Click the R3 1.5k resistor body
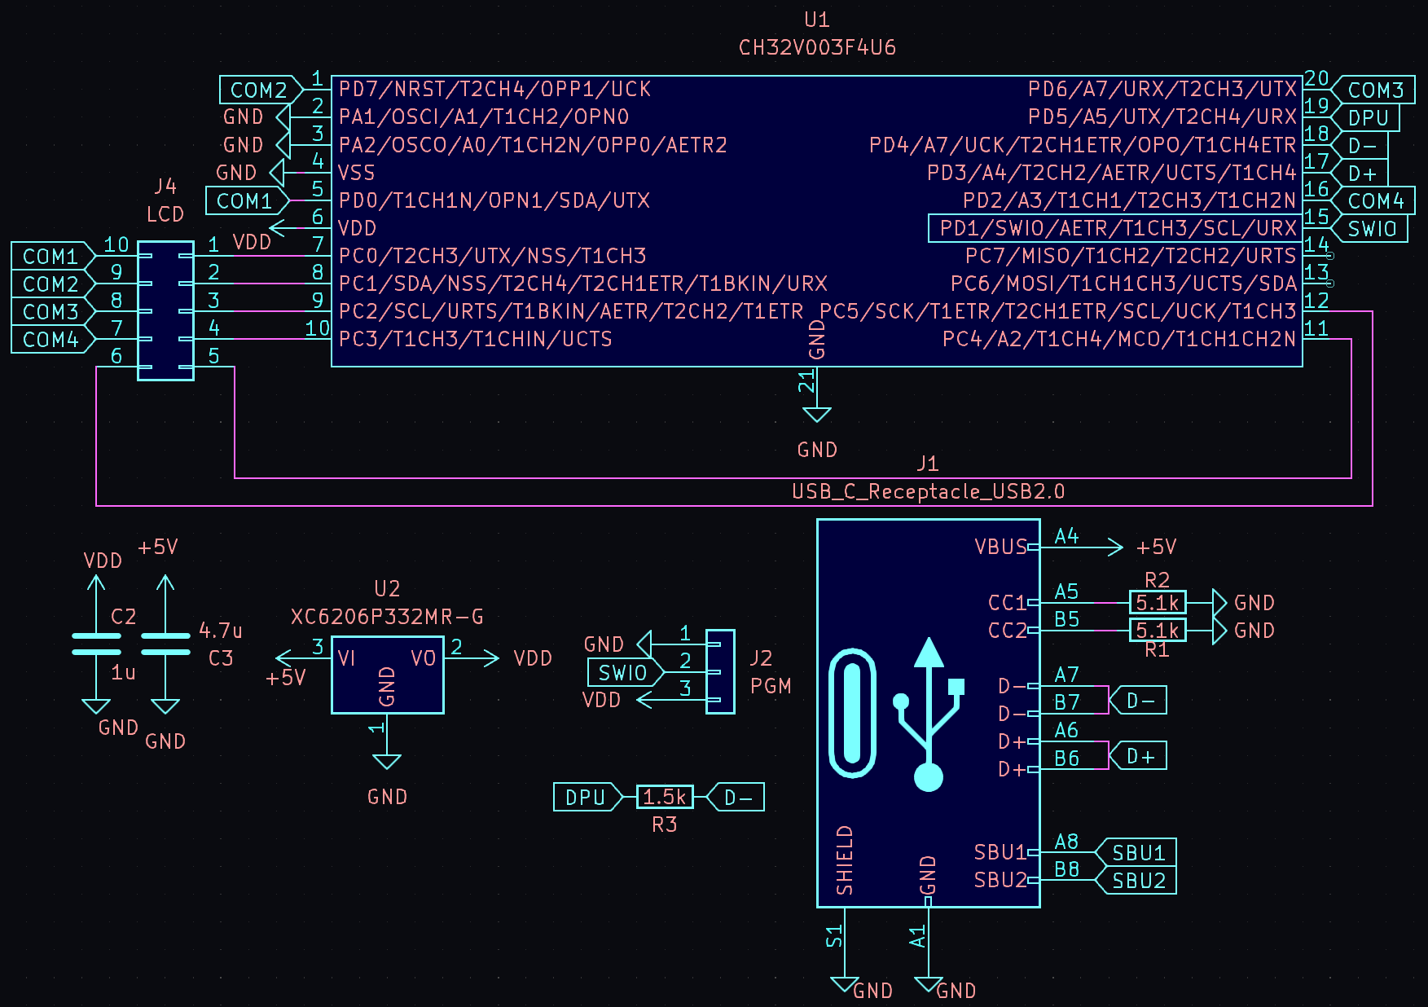point(665,797)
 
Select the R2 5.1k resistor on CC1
point(1158,603)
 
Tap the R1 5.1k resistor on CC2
point(1158,631)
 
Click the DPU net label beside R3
point(586,797)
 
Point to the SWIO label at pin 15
point(1373,229)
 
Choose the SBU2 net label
point(1139,881)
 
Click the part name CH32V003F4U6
point(817,48)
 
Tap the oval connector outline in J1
point(852,713)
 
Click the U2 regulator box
point(388,675)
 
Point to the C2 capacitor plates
point(96,644)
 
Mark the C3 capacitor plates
point(165,644)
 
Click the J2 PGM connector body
point(720,672)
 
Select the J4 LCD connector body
point(166,310)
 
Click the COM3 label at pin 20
point(1376,90)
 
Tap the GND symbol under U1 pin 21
point(817,416)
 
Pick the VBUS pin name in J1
point(1000,547)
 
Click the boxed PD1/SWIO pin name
point(1117,228)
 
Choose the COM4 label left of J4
point(51,339)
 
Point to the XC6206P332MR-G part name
point(387,617)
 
